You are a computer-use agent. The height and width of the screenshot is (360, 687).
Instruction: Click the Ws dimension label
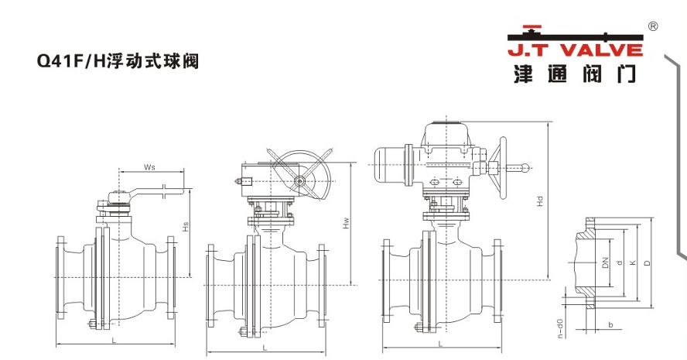click(x=149, y=167)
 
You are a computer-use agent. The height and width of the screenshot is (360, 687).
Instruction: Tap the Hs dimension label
click(x=186, y=227)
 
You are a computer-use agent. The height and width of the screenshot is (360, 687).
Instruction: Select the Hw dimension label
click(x=346, y=223)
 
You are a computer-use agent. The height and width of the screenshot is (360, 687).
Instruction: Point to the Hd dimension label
click(x=540, y=201)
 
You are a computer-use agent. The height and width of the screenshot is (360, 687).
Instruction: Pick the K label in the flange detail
click(x=632, y=262)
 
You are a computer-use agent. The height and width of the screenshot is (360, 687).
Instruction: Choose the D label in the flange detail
click(x=647, y=262)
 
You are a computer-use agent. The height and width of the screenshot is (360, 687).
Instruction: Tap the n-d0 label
click(x=560, y=328)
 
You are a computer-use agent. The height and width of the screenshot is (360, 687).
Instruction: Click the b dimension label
click(x=610, y=325)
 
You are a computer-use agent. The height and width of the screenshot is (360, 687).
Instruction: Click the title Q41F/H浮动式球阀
click(x=118, y=60)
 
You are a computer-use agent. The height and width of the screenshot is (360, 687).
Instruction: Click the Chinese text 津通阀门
click(x=575, y=73)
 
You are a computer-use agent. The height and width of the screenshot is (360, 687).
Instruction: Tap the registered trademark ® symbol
click(x=652, y=27)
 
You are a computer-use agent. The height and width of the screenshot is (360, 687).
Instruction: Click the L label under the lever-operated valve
click(x=114, y=340)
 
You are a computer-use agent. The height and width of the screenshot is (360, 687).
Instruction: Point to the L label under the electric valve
click(x=440, y=344)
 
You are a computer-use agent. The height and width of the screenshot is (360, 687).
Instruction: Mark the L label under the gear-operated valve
click(x=265, y=348)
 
